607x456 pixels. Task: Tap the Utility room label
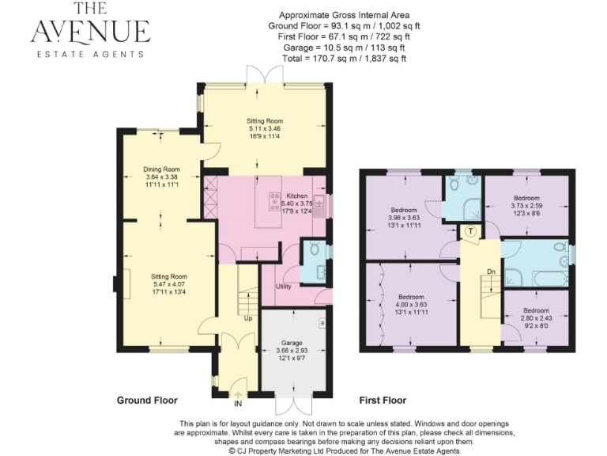[284, 286]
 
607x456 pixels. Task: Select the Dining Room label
[161, 169]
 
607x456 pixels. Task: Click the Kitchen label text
[297, 196]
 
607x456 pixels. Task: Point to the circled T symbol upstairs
[470, 232]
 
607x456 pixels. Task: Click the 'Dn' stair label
[491, 272]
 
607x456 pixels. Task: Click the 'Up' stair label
[248, 320]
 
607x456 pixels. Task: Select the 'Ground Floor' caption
[147, 401]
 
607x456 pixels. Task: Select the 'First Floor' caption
[383, 401]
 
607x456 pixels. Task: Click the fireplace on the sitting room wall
[119, 285]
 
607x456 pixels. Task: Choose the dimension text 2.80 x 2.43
[536, 317]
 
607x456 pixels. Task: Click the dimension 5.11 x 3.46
[265, 128]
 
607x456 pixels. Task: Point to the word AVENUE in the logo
[90, 32]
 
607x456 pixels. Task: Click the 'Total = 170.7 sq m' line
[345, 59]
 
